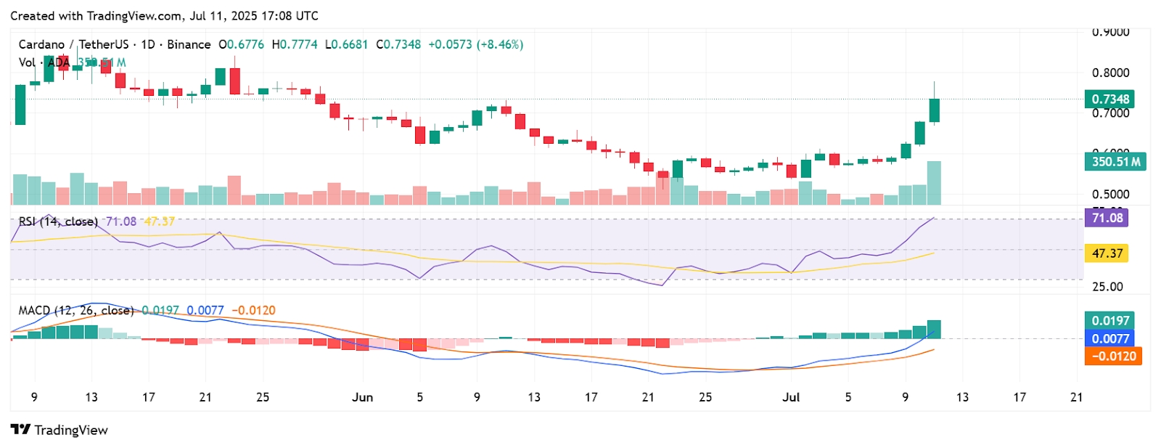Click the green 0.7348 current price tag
(x=1110, y=99)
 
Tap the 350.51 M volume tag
(x=1115, y=161)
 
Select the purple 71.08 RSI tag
(x=1107, y=218)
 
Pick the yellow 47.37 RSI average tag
(x=1107, y=253)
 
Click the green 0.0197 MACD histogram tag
(x=1110, y=320)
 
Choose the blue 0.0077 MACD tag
(x=1110, y=338)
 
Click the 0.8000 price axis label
(x=1110, y=73)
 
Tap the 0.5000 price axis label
(x=1110, y=194)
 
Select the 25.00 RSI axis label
(x=1107, y=287)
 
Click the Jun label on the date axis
(x=362, y=397)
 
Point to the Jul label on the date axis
(x=791, y=397)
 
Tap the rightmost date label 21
(x=1076, y=397)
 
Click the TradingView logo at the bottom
(x=60, y=430)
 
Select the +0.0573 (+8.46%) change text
(x=475, y=44)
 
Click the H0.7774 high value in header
(x=295, y=44)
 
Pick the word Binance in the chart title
(x=189, y=44)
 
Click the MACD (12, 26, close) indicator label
(x=76, y=310)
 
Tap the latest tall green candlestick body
(x=935, y=110)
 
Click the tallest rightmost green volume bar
(x=934, y=183)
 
